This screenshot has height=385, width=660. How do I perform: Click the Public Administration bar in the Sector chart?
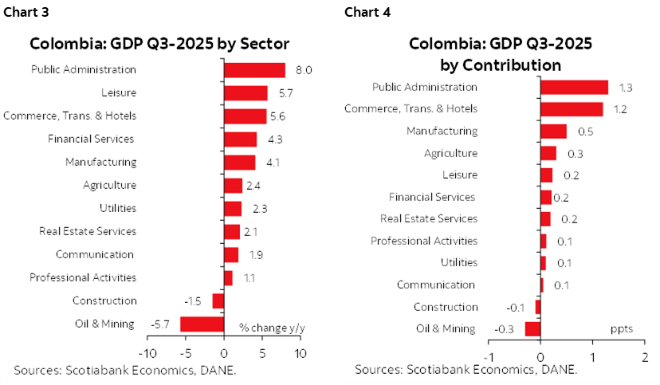[254, 70]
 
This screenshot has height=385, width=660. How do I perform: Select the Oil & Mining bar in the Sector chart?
[202, 324]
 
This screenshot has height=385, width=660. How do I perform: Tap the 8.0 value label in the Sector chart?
[303, 70]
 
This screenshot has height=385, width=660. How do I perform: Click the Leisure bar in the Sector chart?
[246, 93]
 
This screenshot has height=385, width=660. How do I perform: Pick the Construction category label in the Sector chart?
[104, 301]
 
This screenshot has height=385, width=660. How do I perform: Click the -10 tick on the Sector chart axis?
[147, 352]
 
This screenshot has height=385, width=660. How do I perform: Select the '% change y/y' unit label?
[273, 327]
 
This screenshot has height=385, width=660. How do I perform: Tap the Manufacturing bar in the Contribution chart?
[553, 131]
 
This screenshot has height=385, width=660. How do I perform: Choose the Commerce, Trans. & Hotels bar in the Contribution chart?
[572, 108]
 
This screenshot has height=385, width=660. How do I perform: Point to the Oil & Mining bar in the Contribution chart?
[532, 328]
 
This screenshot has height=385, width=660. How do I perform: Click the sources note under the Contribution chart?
[466, 370]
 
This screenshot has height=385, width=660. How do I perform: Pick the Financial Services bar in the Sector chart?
[240, 139]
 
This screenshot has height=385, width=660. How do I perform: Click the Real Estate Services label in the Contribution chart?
[429, 218]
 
